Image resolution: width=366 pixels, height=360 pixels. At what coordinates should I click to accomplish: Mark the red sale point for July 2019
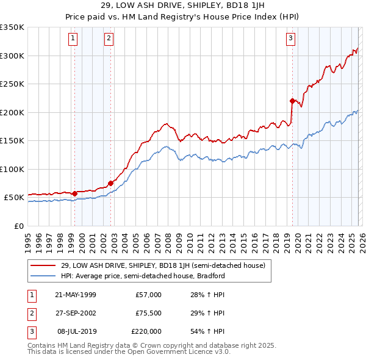tap(292, 101)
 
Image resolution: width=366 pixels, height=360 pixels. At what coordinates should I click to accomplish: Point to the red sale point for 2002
tap(110, 182)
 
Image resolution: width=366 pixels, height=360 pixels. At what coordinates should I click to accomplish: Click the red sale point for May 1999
tap(74, 193)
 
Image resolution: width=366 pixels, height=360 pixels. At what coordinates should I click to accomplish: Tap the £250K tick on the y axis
tap(12, 84)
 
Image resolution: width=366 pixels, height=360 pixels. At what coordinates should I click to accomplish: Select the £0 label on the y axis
tap(19, 226)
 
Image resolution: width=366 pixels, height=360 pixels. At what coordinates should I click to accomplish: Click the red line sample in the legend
tap(44, 265)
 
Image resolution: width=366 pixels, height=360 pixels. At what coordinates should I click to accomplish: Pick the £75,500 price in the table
tap(147, 313)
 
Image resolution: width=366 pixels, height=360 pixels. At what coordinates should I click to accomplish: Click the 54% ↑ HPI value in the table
tap(208, 331)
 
